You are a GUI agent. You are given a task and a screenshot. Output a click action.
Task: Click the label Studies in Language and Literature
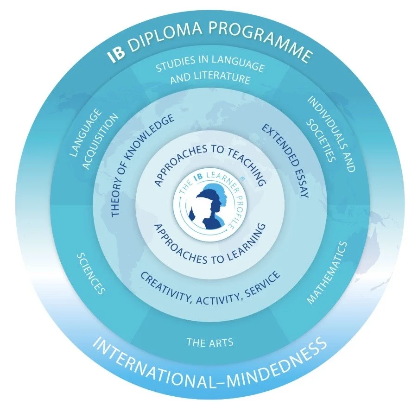click(x=210, y=73)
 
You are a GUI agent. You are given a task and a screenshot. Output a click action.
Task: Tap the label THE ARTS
click(x=209, y=343)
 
